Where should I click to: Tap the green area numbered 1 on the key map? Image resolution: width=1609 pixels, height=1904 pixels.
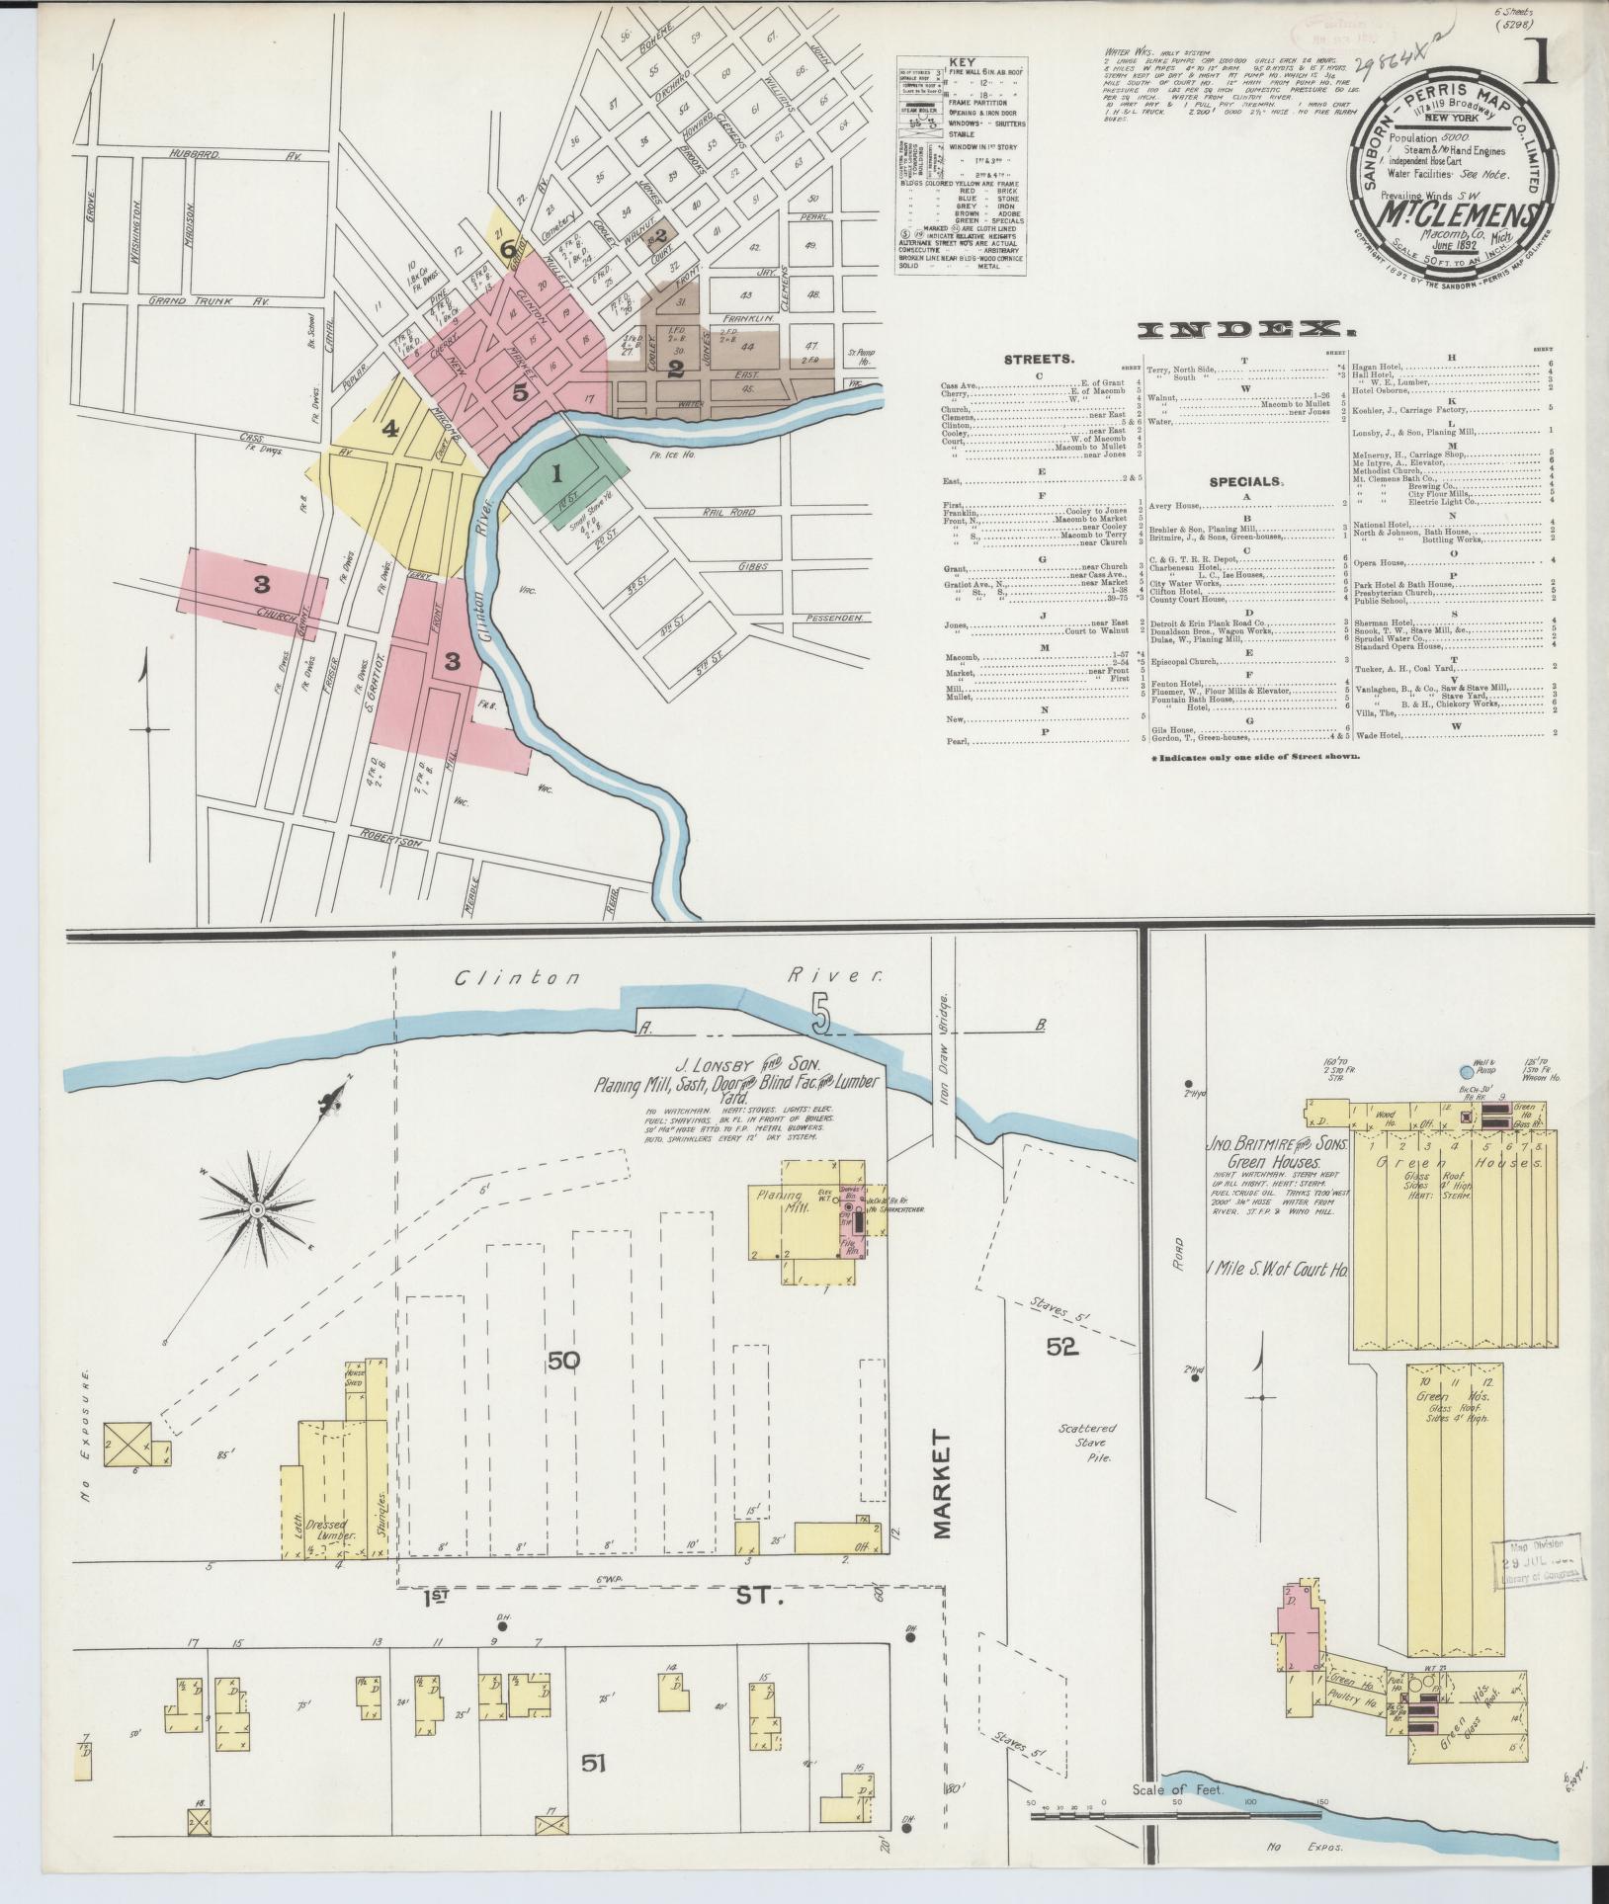pyautogui.click(x=556, y=473)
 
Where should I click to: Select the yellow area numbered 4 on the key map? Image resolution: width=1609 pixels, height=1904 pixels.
pyautogui.click(x=390, y=429)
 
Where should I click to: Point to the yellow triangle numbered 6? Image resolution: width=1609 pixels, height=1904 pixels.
pyautogui.click(x=508, y=248)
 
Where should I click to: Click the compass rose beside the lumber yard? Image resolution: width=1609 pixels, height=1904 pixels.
pyautogui.click(x=256, y=1209)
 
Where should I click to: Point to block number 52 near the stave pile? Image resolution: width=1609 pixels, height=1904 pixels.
pyautogui.click(x=1061, y=1345)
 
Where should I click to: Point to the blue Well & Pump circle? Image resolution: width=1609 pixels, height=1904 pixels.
pyautogui.click(x=1465, y=1071)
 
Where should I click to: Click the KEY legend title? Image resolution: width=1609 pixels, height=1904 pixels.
pyautogui.click(x=960, y=61)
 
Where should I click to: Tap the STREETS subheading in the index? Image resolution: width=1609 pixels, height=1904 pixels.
pyautogui.click(x=1038, y=360)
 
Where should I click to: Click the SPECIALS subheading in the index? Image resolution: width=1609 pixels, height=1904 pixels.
pyautogui.click(x=1246, y=482)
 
